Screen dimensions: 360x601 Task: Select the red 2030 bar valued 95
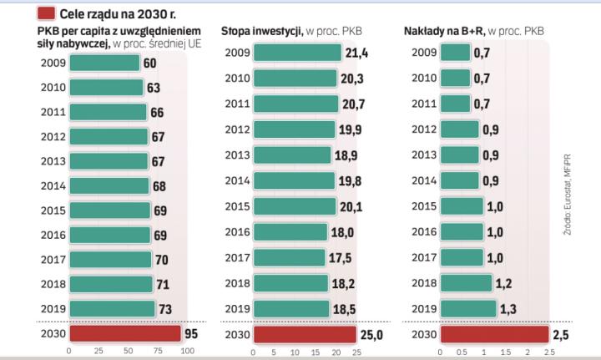tap(124, 334)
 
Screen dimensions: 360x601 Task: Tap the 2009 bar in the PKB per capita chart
tap(104, 63)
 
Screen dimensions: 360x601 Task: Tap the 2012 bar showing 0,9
tap(460, 129)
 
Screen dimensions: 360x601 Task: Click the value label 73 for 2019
tap(164, 309)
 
